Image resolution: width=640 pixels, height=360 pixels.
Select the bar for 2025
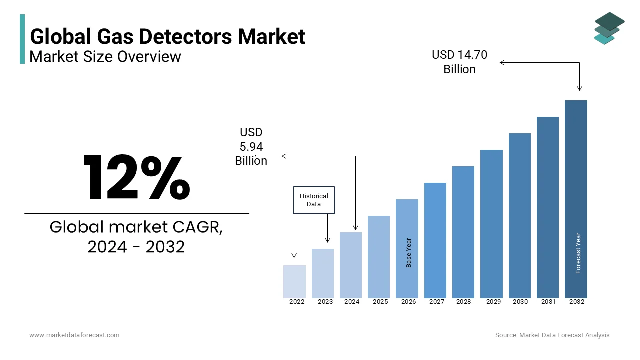coord(379,257)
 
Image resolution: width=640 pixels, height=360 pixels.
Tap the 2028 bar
coord(463,232)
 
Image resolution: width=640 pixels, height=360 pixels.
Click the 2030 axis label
coord(520,302)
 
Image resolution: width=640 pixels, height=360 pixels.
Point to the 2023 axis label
coord(325,302)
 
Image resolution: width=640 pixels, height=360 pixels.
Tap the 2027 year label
coord(437,302)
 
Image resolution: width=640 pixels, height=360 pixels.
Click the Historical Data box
coord(314,200)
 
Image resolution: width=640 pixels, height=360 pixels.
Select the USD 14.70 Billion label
coord(459,62)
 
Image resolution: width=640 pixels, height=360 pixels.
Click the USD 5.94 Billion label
coord(251,146)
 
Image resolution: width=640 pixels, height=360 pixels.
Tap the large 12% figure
coord(136,178)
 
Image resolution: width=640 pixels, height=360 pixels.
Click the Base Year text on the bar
coord(409,252)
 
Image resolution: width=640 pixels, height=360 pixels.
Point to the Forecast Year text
coord(578,253)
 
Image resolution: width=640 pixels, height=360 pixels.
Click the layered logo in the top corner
coord(609,28)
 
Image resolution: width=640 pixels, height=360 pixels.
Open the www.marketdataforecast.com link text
coord(74,335)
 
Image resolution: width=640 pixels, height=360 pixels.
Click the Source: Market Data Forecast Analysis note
coord(552,335)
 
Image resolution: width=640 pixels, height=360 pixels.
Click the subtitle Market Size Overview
coord(105,56)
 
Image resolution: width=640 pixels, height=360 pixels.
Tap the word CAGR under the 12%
coord(197,227)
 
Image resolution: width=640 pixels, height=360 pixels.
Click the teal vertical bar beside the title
coord(22,39)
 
